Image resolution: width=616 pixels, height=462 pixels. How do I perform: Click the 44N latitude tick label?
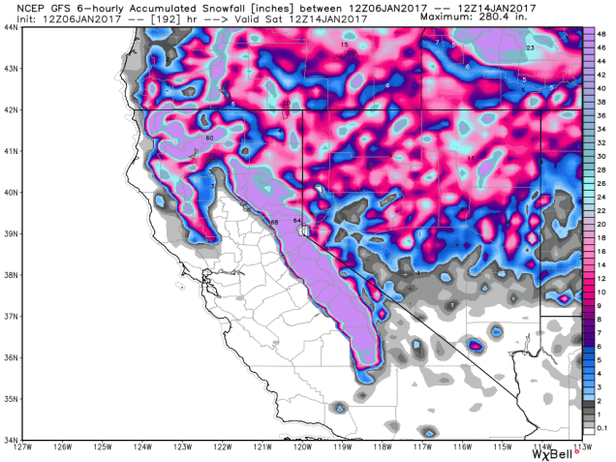click(11, 27)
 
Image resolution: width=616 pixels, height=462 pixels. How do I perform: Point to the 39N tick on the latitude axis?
click(11, 233)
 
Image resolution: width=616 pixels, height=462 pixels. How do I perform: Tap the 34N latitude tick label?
click(11, 439)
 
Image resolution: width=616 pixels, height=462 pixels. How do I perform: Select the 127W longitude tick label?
click(23, 447)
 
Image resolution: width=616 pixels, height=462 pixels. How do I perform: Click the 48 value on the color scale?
click(602, 32)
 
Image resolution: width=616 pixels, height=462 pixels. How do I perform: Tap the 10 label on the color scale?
click(602, 292)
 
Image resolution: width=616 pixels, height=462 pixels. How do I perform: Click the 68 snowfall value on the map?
click(274, 224)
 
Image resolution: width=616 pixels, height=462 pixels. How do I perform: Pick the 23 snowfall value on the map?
click(530, 48)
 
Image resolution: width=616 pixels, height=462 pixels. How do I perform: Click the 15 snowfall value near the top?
click(344, 46)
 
